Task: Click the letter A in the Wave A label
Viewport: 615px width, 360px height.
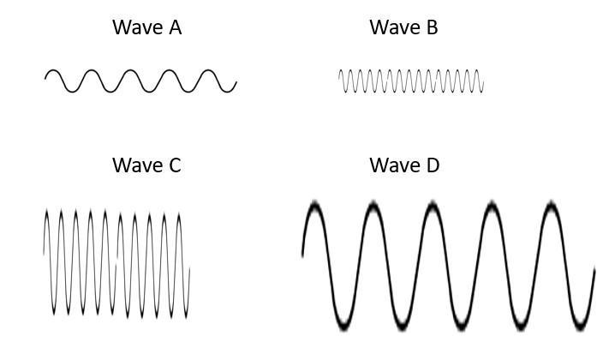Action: pos(174,27)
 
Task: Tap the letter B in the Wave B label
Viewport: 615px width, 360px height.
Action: pos(431,27)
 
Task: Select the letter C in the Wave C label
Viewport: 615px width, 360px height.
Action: pos(174,165)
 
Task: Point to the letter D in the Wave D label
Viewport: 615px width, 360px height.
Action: pos(432,165)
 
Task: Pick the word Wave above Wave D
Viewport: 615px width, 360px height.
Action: pos(393,165)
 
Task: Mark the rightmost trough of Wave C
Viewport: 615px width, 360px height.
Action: pos(186,314)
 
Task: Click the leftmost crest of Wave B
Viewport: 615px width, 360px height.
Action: pos(342,70)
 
